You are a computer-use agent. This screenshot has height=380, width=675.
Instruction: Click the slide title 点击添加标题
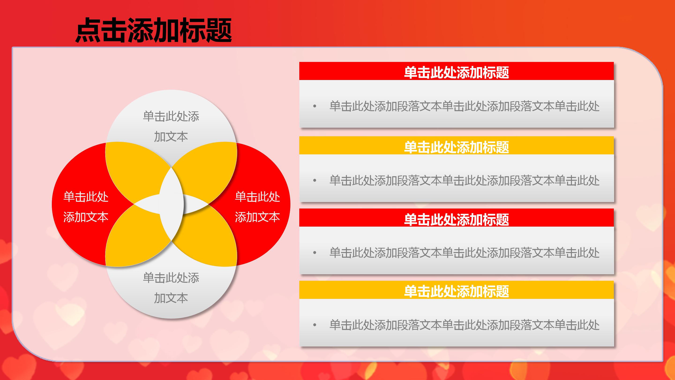(153, 30)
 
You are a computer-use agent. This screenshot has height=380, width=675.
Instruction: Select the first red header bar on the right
(457, 71)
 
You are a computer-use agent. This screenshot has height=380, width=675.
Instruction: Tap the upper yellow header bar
(457, 145)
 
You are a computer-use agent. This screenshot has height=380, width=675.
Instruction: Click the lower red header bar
(457, 218)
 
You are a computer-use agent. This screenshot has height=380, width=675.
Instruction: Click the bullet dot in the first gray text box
(315, 106)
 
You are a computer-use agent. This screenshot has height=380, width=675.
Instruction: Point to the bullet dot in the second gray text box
(315, 180)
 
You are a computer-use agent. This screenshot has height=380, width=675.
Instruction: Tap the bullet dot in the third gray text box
(315, 253)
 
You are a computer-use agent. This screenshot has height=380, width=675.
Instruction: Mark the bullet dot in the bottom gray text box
(315, 325)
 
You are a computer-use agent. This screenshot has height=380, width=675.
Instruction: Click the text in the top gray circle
(171, 126)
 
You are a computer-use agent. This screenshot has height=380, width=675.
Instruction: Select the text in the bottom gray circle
(171, 288)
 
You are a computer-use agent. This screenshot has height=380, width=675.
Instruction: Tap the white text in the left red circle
(86, 207)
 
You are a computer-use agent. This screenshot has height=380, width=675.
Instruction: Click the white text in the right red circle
(257, 207)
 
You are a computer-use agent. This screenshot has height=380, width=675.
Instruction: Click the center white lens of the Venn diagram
(171, 204)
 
